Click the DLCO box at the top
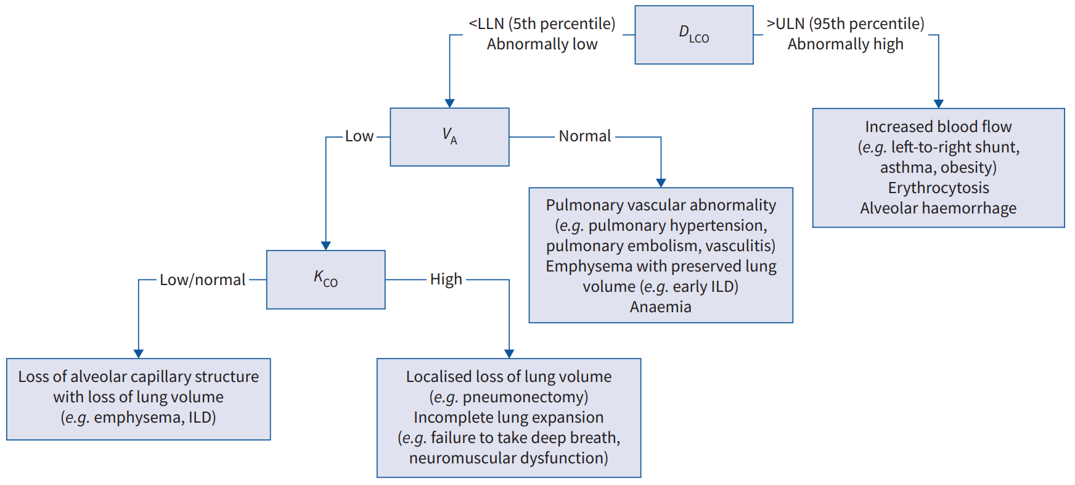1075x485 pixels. [x=694, y=35]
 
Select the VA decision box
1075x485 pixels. [x=449, y=137]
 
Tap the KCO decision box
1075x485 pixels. [x=326, y=280]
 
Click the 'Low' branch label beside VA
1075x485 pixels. [x=359, y=136]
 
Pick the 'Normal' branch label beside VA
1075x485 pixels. [x=585, y=136]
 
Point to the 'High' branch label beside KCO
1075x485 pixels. [x=446, y=280]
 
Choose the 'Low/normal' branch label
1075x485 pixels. [x=203, y=280]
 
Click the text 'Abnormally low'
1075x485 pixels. [x=542, y=44]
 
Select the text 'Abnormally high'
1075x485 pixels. [x=845, y=44]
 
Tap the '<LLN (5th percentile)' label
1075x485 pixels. [x=542, y=23]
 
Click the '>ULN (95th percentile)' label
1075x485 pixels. [x=845, y=23]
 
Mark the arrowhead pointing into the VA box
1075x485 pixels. [x=449, y=103]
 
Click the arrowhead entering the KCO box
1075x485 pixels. [x=326, y=246]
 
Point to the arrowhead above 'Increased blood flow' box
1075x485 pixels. [x=938, y=104]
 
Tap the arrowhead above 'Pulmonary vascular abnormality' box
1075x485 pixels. [x=661, y=183]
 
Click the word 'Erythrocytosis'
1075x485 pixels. [x=938, y=188]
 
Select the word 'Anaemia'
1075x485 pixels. [x=661, y=307]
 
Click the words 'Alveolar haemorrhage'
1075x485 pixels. [x=938, y=208]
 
